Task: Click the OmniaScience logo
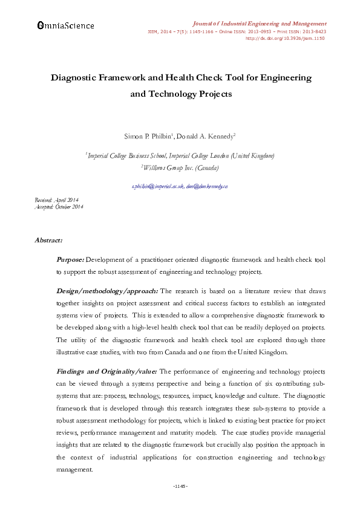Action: pyautogui.click(x=65, y=25)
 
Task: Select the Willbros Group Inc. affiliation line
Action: pyautogui.click(x=180, y=167)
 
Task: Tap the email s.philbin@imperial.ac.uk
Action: pyautogui.click(x=156, y=187)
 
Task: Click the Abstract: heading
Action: pyautogui.click(x=48, y=241)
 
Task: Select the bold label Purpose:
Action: pyautogui.click(x=70, y=260)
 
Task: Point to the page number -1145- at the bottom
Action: pyautogui.click(x=180, y=486)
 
